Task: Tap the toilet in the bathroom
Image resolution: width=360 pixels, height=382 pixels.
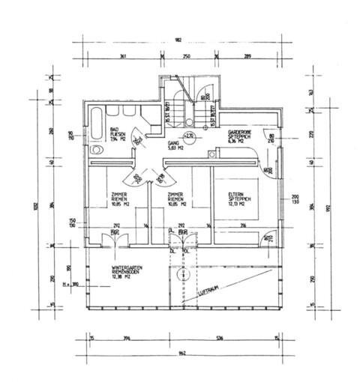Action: pyautogui.click(x=95, y=150)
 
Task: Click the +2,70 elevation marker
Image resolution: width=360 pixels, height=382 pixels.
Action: pyautogui.click(x=190, y=136)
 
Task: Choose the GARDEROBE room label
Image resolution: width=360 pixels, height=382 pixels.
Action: pyautogui.click(x=240, y=134)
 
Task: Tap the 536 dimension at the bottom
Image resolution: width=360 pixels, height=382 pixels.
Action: pyautogui.click(x=219, y=339)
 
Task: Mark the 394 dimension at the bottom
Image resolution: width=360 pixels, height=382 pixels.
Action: pyautogui.click(x=126, y=339)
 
